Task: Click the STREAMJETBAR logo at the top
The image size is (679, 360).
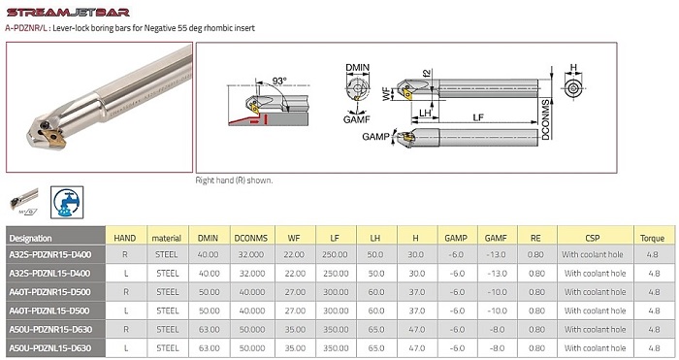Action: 68,13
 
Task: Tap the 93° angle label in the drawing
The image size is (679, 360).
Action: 279,81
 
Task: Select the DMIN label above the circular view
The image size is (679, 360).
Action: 358,68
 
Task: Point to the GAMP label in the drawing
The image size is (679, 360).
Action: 375,137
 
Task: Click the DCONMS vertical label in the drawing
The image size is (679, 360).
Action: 545,120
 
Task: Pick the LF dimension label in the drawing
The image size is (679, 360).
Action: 478,117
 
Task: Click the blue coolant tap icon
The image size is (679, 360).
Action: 67,202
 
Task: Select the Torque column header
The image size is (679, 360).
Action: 652,238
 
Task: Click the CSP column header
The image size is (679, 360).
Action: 593,238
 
